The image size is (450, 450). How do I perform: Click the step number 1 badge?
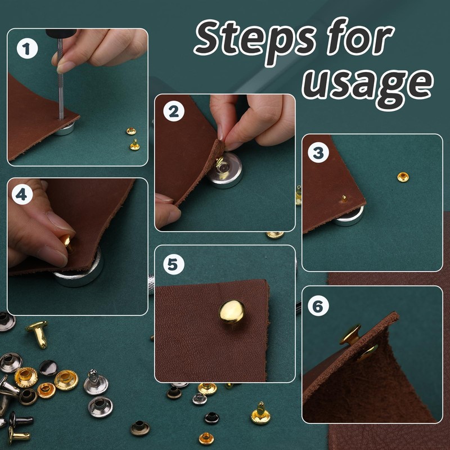click(x=27, y=48)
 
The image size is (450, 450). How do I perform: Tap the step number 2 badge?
click(x=174, y=111)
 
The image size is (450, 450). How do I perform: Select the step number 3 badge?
click(x=318, y=152)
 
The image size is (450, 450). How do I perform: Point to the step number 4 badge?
click(x=22, y=194)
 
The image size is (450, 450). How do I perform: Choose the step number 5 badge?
click(x=174, y=264)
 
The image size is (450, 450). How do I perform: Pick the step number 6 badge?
click(x=318, y=305)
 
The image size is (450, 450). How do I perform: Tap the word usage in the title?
click(x=368, y=85)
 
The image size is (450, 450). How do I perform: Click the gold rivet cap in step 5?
click(x=232, y=312)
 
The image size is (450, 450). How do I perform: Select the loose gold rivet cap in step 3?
click(x=403, y=177)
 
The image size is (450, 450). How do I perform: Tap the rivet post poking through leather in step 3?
click(x=344, y=199)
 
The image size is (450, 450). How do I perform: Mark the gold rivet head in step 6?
click(x=350, y=335)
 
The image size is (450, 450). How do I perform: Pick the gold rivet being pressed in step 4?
click(x=67, y=242)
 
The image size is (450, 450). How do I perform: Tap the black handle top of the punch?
click(x=61, y=33)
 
